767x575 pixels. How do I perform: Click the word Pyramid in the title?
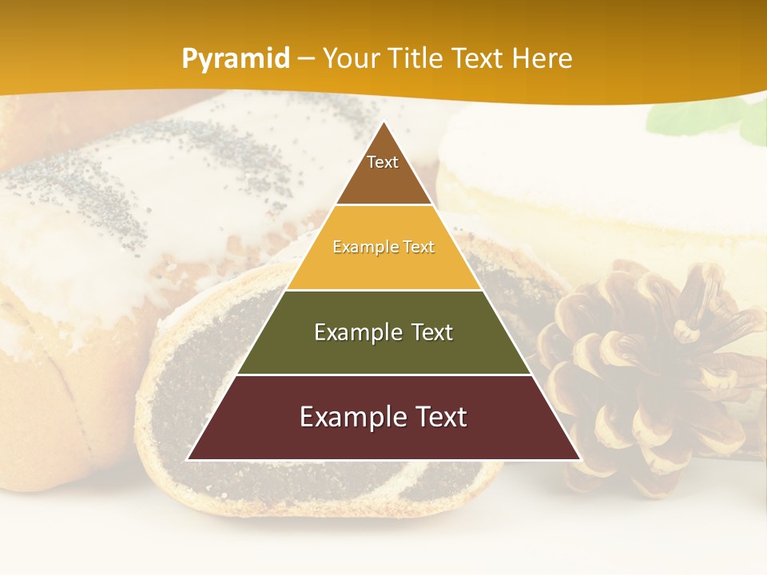point(236,59)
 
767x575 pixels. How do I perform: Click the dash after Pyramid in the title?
point(305,59)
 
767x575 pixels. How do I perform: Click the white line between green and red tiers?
point(383,375)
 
